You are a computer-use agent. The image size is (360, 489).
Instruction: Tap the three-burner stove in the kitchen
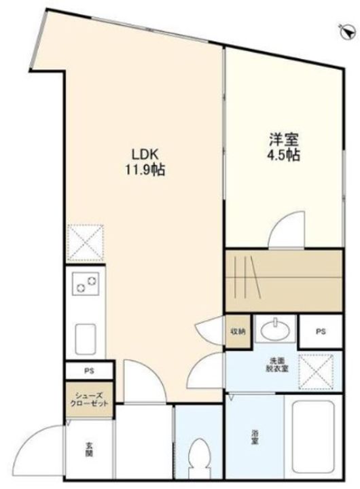tap(87, 283)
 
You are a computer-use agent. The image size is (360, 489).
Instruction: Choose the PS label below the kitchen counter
tap(88, 371)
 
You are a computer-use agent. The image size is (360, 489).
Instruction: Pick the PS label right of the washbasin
tap(320, 332)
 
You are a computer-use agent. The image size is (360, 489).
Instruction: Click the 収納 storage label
tap(236, 332)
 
